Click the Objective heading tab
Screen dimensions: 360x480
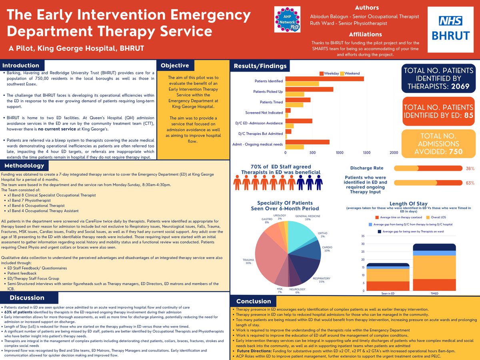pos(175,66)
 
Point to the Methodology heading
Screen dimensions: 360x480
pos(25,165)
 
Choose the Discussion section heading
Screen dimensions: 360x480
pos(27,298)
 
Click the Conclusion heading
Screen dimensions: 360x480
pos(254,301)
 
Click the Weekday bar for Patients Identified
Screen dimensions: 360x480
pos(324,79)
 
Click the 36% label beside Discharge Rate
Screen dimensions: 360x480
pos(470,168)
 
